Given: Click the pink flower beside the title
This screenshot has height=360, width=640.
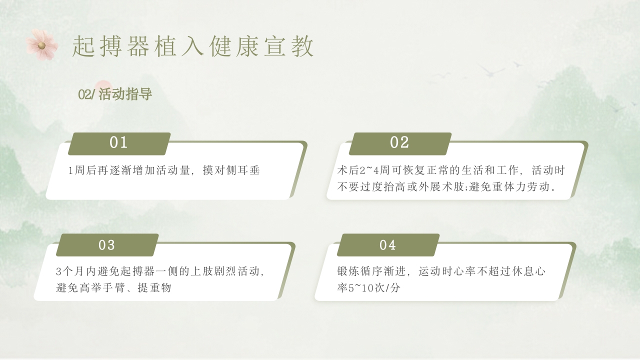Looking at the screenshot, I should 42,45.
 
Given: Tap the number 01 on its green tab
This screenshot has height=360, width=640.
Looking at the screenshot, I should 118,143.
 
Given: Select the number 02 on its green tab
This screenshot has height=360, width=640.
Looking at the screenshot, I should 399,143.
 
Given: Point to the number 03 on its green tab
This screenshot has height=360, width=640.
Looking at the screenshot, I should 106,245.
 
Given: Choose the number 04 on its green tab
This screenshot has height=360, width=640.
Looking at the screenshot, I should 387,245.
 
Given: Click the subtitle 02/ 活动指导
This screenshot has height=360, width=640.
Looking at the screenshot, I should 115,94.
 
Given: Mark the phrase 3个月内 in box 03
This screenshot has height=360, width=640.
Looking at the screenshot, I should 73,272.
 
